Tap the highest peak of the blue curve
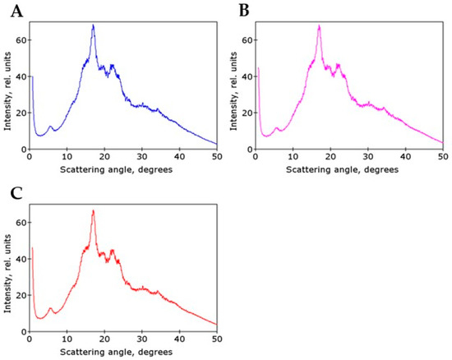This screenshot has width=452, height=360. click(94, 25)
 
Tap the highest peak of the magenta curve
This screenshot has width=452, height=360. click(319, 26)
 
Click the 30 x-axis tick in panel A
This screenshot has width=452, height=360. click(142, 156)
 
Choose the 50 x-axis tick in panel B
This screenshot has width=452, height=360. click(442, 156)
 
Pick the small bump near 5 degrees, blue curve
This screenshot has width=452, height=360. click(50, 127)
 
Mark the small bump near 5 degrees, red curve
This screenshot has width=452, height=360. click(50, 309)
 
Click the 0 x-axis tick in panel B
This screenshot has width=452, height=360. click(255, 156)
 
